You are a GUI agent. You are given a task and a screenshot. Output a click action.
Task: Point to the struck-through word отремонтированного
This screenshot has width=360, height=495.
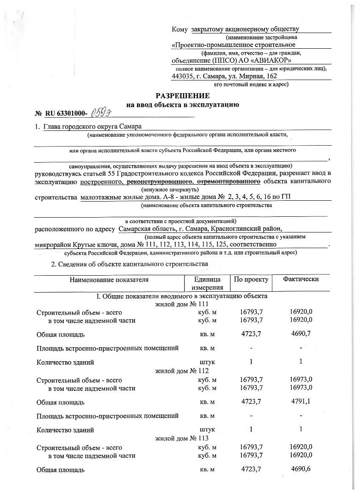(x=235, y=182)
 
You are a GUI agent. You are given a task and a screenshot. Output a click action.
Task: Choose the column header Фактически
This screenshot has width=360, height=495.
(x=301, y=280)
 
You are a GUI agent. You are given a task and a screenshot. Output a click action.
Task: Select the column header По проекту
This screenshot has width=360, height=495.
(x=251, y=280)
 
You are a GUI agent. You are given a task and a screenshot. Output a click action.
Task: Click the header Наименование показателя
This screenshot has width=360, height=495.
(x=109, y=280)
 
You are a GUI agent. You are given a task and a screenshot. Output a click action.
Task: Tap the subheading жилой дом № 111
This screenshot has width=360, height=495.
(x=183, y=304)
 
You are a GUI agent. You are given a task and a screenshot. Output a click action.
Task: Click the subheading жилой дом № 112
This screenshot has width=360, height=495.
(x=183, y=371)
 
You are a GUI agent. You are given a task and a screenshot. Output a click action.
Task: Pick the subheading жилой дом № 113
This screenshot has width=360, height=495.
(x=183, y=438)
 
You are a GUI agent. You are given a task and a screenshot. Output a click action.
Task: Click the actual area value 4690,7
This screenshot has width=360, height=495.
(x=301, y=334)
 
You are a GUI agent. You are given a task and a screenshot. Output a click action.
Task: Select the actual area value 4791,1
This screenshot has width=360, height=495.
(x=301, y=401)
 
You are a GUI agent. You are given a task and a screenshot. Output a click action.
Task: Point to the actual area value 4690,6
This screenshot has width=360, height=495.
(x=301, y=469)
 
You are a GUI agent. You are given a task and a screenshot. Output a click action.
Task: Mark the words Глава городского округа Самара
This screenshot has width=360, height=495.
(x=93, y=127)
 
